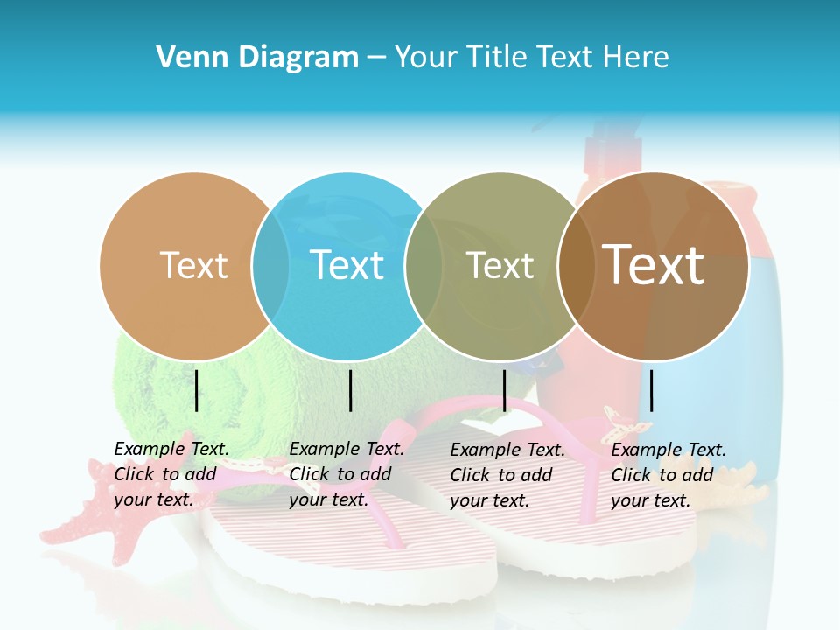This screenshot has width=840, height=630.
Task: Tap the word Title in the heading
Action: click(500, 58)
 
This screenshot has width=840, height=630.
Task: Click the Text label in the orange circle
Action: click(193, 265)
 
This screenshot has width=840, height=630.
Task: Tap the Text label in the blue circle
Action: click(347, 265)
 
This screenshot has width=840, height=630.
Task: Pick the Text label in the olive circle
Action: click(500, 266)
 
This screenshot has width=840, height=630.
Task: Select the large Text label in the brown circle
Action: click(654, 264)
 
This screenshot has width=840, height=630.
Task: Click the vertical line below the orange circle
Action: click(197, 390)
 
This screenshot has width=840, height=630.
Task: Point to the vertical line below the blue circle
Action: click(350, 390)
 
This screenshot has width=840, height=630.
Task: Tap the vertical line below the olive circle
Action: click(504, 390)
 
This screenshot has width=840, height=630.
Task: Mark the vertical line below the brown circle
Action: click(652, 390)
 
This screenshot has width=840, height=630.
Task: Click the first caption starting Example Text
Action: click(171, 474)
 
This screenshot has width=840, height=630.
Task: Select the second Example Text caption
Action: click(346, 474)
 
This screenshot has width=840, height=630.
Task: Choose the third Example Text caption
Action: click(507, 475)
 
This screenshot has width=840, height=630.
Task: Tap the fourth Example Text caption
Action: click(668, 475)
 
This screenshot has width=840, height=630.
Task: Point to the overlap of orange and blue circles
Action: click(270, 266)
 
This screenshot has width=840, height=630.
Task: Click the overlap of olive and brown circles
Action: click(577, 266)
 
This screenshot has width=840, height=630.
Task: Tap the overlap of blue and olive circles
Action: click(423, 266)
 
